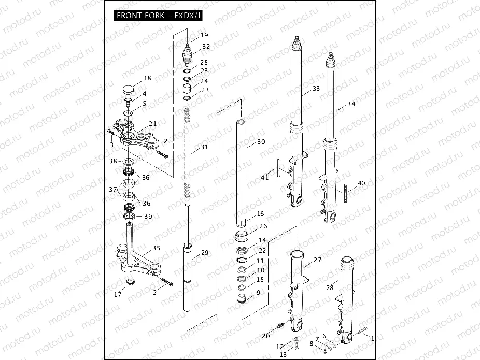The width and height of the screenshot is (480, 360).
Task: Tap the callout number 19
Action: point(204,35)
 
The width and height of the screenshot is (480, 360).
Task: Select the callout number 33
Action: point(316,89)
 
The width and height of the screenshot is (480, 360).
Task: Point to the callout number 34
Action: point(351,104)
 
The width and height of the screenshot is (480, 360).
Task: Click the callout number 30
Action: point(261,142)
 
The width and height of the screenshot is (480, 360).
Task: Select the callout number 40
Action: point(361,183)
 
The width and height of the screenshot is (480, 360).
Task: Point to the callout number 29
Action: point(204,252)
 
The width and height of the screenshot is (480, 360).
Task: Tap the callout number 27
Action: point(317,261)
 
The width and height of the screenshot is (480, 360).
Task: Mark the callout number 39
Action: point(148,217)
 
